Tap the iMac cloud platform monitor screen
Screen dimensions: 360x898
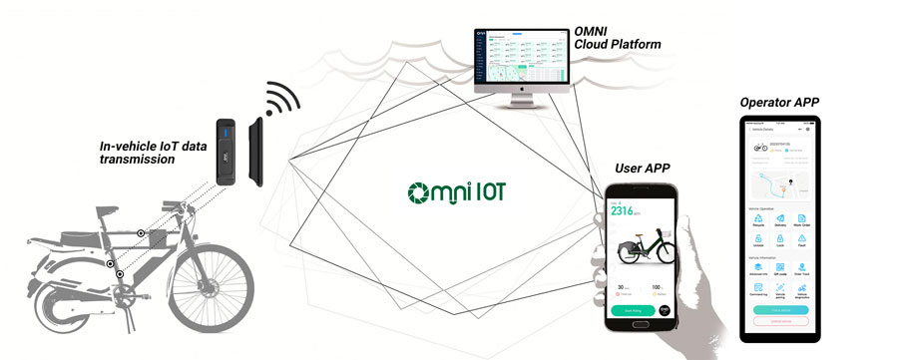coord(520,61)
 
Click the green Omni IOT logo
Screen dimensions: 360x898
coord(457,190)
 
